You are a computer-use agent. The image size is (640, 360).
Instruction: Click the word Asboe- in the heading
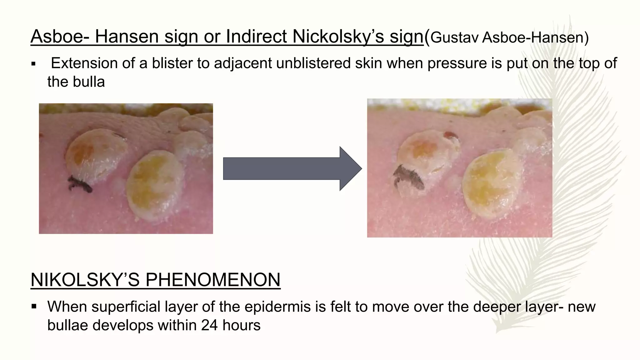click(x=60, y=37)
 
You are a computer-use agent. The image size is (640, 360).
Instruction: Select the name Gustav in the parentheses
click(x=454, y=37)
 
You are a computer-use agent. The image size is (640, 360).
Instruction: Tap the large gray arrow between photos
click(x=292, y=169)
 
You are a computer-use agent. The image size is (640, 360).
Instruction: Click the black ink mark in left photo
click(x=80, y=184)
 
